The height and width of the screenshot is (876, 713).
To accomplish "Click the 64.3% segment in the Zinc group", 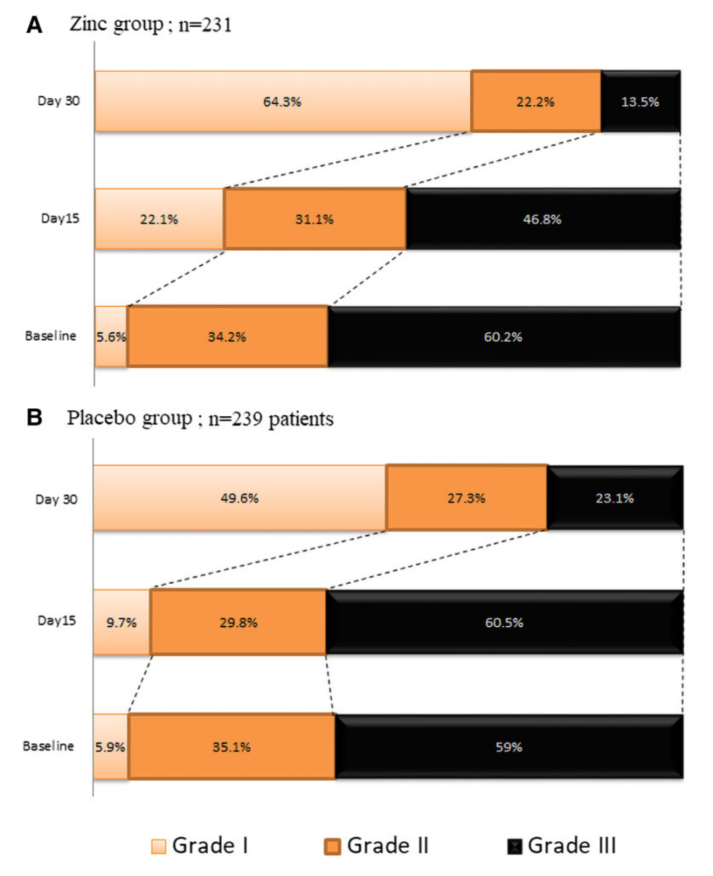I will pos(283,101).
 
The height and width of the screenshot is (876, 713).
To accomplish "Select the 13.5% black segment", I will pos(640,101).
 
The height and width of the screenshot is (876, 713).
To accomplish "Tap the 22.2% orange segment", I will pos(536,101).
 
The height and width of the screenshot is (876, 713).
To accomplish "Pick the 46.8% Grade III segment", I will pos(543,219).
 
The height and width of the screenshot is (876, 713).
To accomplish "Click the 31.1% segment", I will pos(315,219).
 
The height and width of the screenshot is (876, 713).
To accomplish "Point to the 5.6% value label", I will pos(111,337).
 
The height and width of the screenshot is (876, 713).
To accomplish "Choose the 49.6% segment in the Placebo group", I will pos(240,499).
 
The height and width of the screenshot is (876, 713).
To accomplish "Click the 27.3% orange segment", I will pos(466,499).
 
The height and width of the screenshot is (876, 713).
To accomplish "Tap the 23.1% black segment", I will pos(614,499).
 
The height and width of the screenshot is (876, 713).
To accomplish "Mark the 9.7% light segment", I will pos(121,623).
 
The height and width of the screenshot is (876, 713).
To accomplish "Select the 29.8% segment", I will pos(238,623).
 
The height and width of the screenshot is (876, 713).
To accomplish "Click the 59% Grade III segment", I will pos(509,747).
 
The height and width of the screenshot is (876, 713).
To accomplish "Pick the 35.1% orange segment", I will pos(231,747).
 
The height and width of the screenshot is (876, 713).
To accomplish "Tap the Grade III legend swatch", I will pos(514,847).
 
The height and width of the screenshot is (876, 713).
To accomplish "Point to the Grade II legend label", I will pos(388,846).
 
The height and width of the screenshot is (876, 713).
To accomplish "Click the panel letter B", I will pos(34,418).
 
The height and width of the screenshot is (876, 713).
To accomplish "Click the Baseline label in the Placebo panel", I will pos(48,747).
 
